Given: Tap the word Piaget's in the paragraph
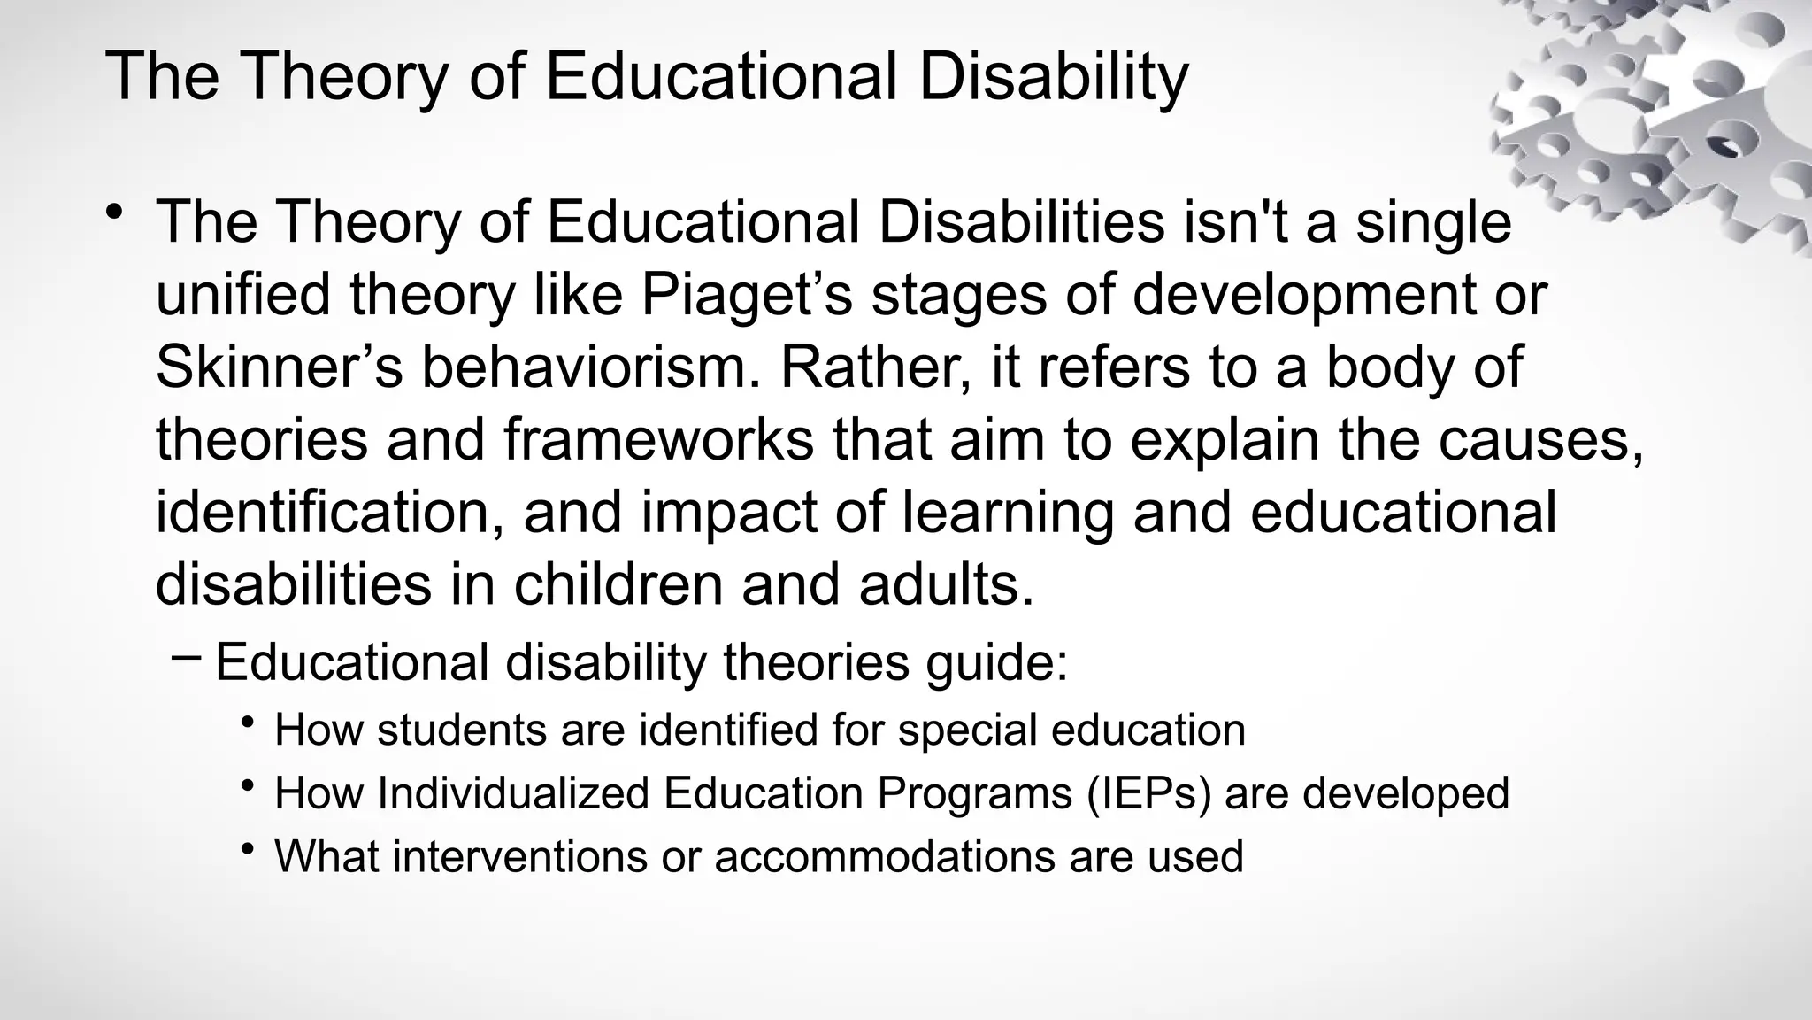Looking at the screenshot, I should (x=746, y=294).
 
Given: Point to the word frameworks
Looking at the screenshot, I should (x=658, y=439).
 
